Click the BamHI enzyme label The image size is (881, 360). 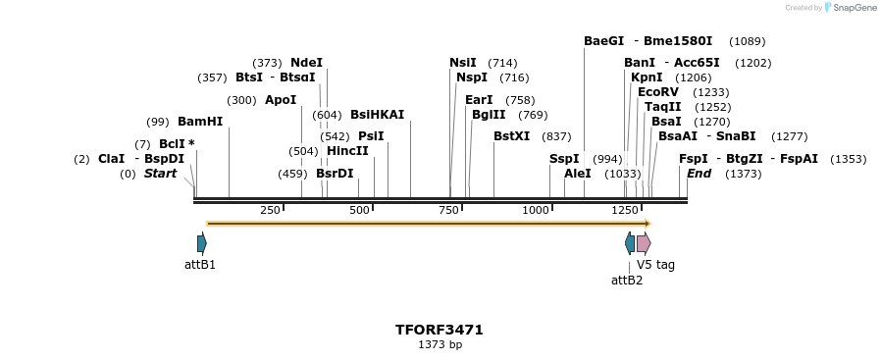point(200,122)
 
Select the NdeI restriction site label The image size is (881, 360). point(306,63)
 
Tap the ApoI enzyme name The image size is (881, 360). point(281,100)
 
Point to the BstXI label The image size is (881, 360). point(511,136)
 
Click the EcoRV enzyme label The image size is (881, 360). point(658,92)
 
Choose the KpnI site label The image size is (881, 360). point(647,77)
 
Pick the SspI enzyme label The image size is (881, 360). point(564,159)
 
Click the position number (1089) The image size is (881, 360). point(748,41)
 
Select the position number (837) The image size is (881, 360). point(556,136)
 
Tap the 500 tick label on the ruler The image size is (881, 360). point(359,210)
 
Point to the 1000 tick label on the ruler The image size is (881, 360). point(536,210)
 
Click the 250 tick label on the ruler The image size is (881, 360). point(270,210)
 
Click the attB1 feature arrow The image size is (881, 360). point(202,243)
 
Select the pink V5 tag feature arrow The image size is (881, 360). point(644,243)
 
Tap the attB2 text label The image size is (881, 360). point(627,281)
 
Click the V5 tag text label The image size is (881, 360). point(655,265)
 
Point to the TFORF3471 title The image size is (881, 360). point(440,330)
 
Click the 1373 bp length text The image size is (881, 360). point(440,344)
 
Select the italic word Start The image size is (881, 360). point(160,174)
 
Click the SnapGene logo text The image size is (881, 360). point(852,8)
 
